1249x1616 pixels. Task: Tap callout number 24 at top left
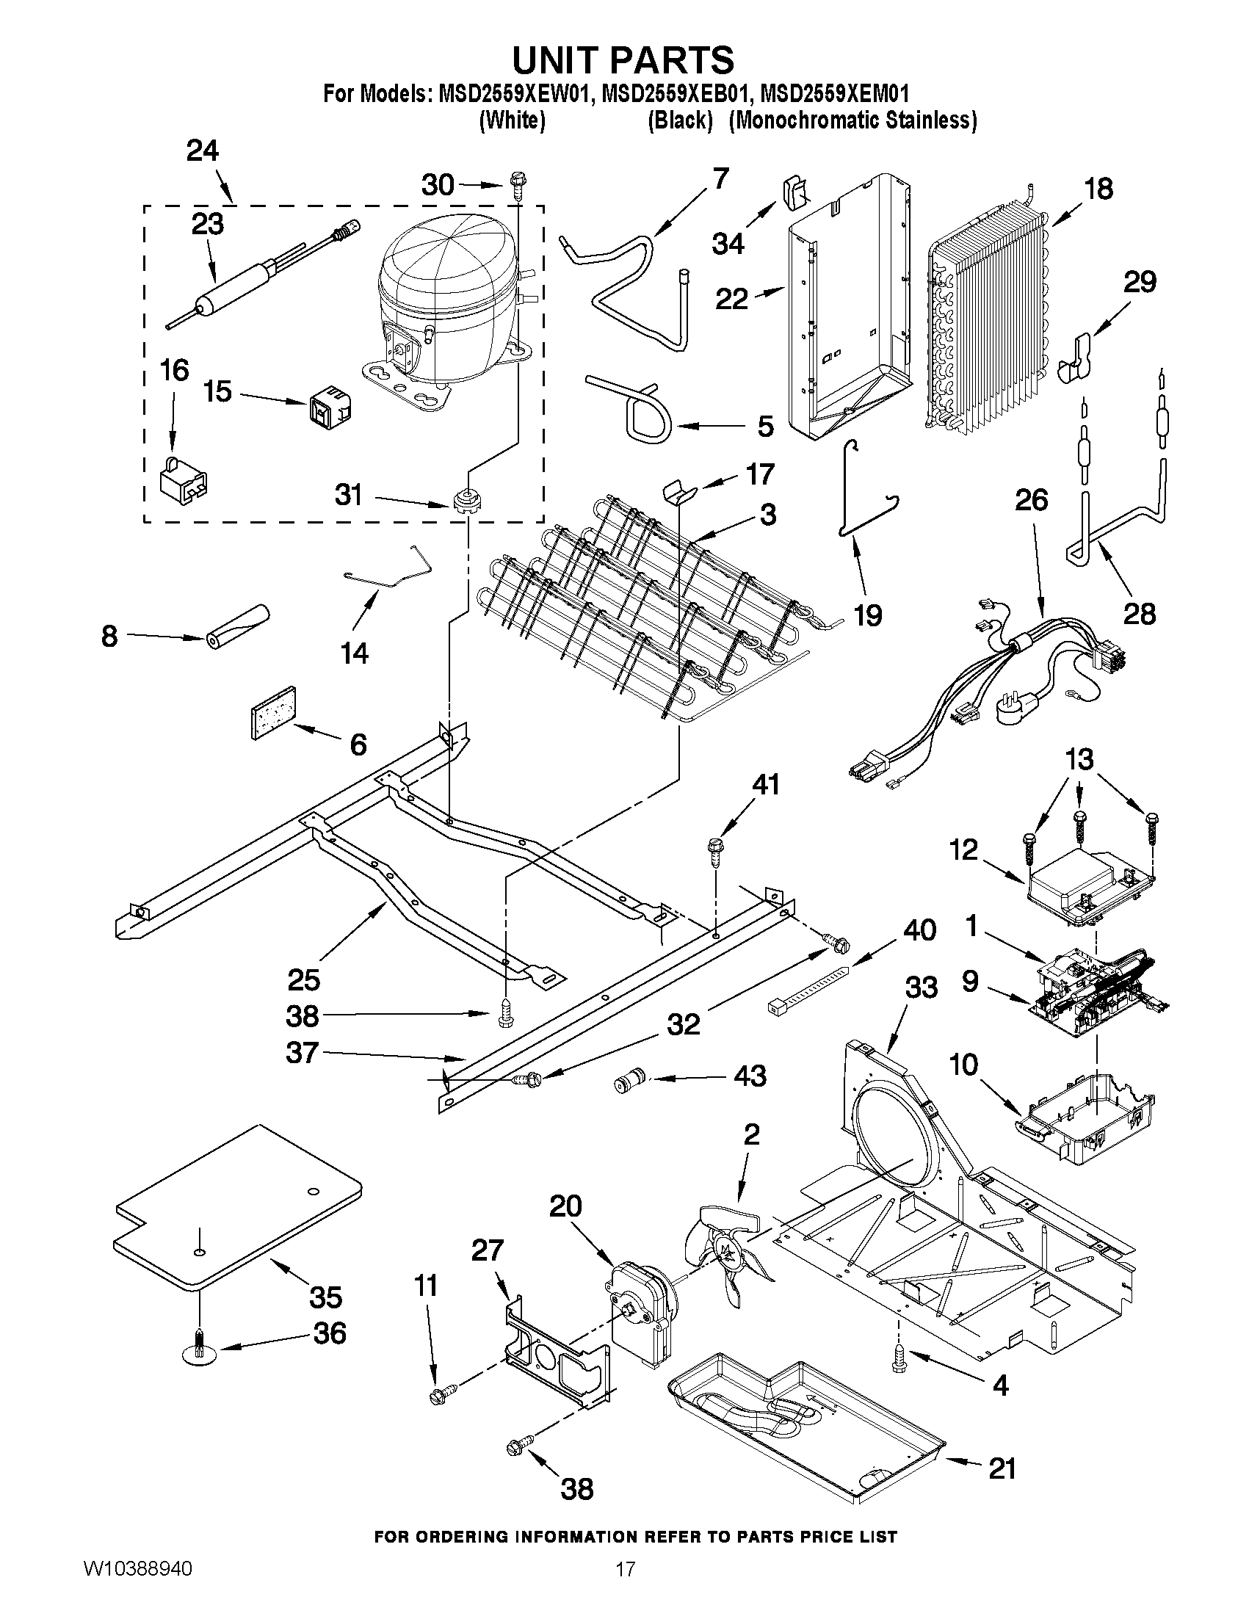(x=202, y=151)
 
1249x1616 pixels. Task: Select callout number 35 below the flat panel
(x=325, y=1297)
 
